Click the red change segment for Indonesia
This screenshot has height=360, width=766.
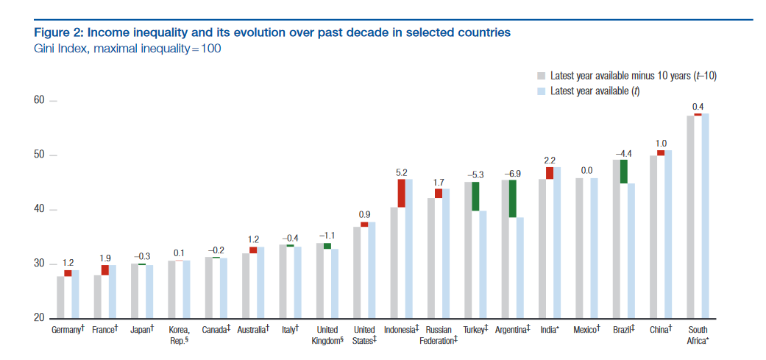[x=402, y=193]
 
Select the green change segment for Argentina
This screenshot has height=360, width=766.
[x=512, y=199]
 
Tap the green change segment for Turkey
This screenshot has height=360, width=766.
[x=475, y=197]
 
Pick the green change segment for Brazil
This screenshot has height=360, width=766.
[x=623, y=172]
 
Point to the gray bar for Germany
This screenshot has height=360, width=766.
[x=60, y=297]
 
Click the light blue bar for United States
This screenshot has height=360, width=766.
[x=372, y=272]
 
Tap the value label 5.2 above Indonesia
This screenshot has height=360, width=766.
[x=402, y=172]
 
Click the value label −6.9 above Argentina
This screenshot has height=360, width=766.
[x=511, y=174]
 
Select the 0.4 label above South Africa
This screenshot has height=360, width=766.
[x=698, y=107]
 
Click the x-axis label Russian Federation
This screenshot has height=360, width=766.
[x=438, y=335]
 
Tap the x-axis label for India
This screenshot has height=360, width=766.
[x=549, y=330]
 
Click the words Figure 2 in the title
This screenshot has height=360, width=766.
[x=59, y=32]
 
